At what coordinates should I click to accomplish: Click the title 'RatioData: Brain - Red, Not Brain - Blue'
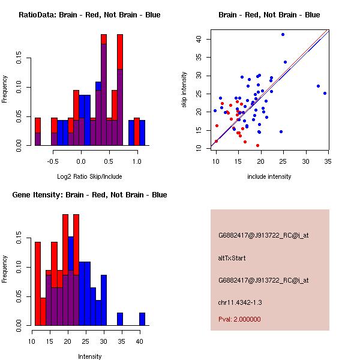(x=89, y=14)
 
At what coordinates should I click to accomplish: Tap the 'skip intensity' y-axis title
(x=185, y=90)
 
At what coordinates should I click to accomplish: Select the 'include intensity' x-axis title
(x=269, y=176)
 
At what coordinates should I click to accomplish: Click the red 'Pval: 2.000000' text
(x=239, y=319)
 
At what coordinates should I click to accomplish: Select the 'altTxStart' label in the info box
(x=232, y=258)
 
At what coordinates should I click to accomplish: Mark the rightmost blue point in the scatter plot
(x=325, y=93)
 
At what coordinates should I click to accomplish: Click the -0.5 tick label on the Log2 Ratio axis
(x=53, y=161)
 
